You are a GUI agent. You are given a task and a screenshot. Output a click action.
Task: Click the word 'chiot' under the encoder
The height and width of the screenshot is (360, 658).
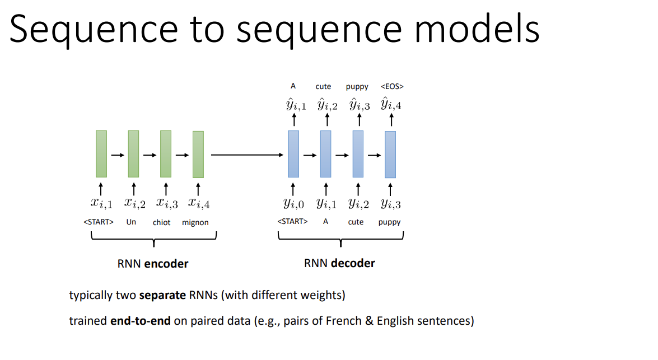(161, 222)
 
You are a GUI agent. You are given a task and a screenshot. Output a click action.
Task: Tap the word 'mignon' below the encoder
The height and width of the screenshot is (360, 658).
(195, 222)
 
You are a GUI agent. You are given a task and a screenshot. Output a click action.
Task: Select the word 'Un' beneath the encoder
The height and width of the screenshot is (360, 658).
(131, 222)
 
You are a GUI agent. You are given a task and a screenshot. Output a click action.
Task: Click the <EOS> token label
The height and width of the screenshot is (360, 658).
(392, 86)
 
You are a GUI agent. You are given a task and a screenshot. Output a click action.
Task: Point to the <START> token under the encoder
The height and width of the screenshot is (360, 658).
(99, 222)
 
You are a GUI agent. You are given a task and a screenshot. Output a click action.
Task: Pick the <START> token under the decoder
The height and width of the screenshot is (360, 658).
(292, 221)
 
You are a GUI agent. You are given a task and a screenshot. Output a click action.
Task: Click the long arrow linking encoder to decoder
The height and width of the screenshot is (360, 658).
(247, 155)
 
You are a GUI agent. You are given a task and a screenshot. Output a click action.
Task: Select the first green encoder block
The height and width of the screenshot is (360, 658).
(101, 153)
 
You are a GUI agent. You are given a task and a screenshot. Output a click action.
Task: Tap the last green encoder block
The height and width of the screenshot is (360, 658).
(198, 154)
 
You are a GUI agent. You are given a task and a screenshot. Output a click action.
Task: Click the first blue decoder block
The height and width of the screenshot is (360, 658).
(293, 154)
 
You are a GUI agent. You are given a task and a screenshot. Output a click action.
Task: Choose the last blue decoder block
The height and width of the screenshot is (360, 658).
(390, 155)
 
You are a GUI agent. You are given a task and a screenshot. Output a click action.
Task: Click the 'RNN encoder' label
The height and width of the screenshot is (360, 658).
(153, 264)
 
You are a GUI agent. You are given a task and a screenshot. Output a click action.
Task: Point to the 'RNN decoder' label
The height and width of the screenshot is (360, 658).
(339, 263)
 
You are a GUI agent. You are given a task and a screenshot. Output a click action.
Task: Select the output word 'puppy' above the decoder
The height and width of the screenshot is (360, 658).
(357, 86)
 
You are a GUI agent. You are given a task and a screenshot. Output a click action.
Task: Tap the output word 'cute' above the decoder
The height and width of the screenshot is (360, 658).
(323, 86)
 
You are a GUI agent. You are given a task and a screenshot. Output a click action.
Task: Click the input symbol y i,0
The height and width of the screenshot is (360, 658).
(293, 203)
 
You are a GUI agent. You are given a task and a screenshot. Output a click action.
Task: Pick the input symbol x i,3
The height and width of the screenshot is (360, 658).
(166, 203)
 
